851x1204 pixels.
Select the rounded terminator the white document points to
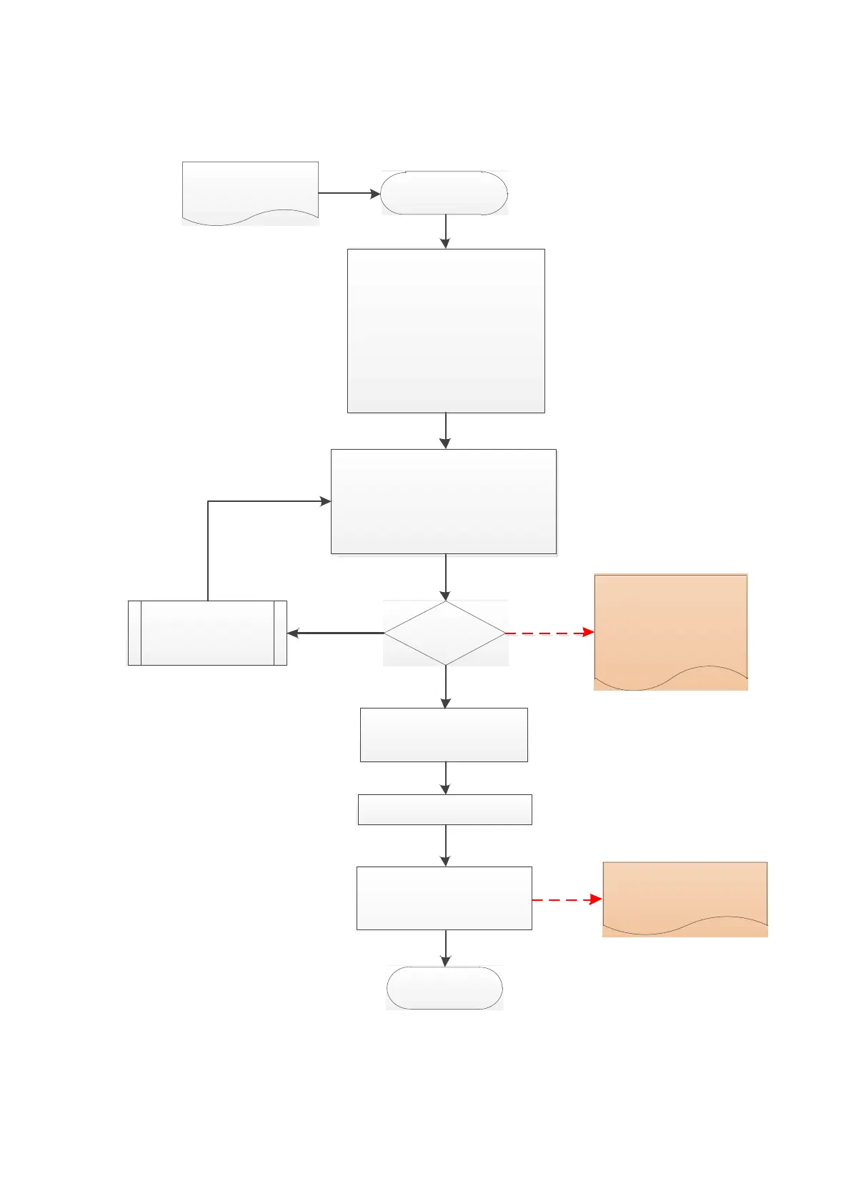coord(444,193)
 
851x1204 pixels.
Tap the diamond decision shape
coord(445,633)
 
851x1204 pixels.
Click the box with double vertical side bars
coord(207,633)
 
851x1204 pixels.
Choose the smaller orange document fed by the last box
coord(685,895)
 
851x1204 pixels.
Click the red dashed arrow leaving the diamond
coord(549,633)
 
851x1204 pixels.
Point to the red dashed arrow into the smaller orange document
coord(567,899)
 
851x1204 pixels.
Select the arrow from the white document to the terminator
coord(349,193)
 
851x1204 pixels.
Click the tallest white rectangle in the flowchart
coord(446,330)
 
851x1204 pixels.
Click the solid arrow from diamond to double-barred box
coord(336,633)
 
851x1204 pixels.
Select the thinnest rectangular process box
coord(444,809)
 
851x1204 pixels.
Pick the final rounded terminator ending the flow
coord(444,988)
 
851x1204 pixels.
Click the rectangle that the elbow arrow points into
coord(443,501)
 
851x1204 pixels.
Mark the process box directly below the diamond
coord(444,734)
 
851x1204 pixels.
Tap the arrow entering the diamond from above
coord(446,577)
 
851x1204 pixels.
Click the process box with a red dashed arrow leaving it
coord(444,898)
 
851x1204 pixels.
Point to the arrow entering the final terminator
coord(446,948)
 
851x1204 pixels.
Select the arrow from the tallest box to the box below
coord(446,430)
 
